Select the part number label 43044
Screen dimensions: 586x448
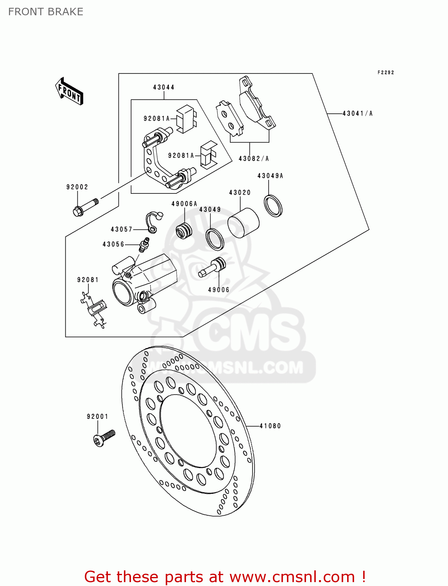[163, 87]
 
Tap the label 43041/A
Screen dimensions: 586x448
[357, 113]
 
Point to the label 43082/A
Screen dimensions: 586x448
[254, 158]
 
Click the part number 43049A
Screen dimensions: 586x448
[270, 176]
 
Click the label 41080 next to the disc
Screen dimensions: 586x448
[270, 426]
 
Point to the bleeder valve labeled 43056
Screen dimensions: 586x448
[143, 245]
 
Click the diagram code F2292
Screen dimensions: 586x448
[385, 72]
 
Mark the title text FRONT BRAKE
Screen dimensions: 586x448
[46, 12]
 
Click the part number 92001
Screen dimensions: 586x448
[97, 416]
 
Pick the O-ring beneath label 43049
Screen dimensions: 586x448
[215, 239]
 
